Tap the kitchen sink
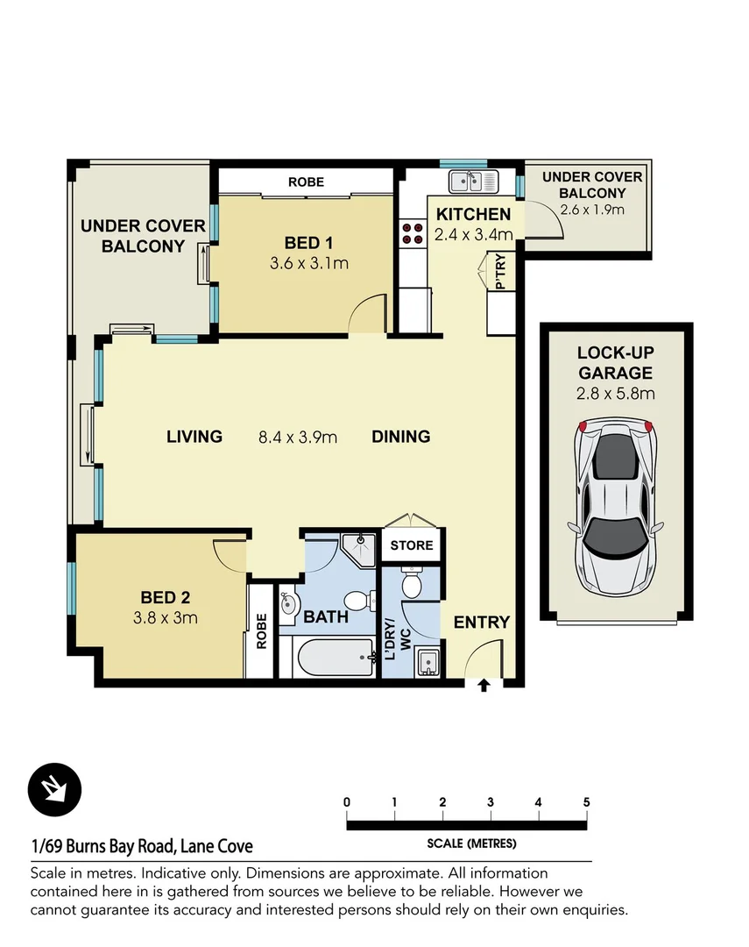(x=472, y=182)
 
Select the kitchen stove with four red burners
(x=410, y=233)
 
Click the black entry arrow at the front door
(x=484, y=685)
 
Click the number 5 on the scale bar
(x=585, y=801)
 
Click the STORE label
(x=412, y=545)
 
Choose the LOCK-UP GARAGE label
(x=614, y=363)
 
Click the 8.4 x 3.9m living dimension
(x=298, y=437)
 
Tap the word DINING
(x=400, y=437)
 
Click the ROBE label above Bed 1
(x=306, y=182)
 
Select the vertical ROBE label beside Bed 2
(x=261, y=630)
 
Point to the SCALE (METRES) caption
(x=471, y=844)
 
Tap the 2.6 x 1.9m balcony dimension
(x=591, y=210)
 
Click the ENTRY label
(x=481, y=623)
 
